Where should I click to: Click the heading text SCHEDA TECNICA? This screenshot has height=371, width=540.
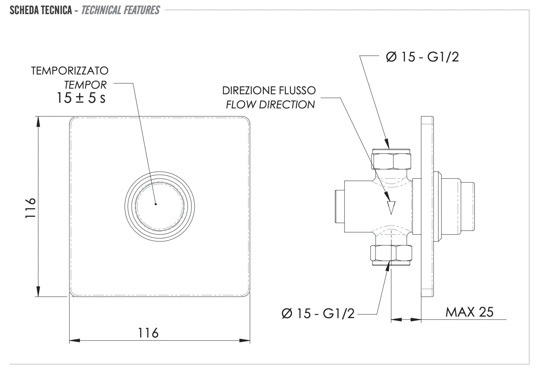[41, 10]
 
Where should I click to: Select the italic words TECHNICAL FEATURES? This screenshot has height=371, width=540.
[120, 10]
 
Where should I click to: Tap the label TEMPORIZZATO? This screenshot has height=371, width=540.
[70, 71]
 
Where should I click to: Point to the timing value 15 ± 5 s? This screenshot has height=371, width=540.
[81, 98]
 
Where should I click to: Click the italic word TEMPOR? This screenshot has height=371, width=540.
[85, 85]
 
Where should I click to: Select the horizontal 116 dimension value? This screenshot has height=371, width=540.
[148, 332]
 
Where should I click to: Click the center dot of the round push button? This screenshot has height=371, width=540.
[156, 204]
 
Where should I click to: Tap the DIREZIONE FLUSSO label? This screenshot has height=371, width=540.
[269, 91]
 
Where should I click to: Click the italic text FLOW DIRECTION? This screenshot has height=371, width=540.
[270, 105]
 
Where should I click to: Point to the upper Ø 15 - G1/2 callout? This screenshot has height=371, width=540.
[423, 57]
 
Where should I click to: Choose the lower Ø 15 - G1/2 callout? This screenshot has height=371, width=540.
[318, 314]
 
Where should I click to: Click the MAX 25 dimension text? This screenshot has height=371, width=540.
[469, 312]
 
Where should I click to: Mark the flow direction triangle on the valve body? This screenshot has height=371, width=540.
[390, 207]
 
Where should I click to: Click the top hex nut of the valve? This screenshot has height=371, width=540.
[391, 159]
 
